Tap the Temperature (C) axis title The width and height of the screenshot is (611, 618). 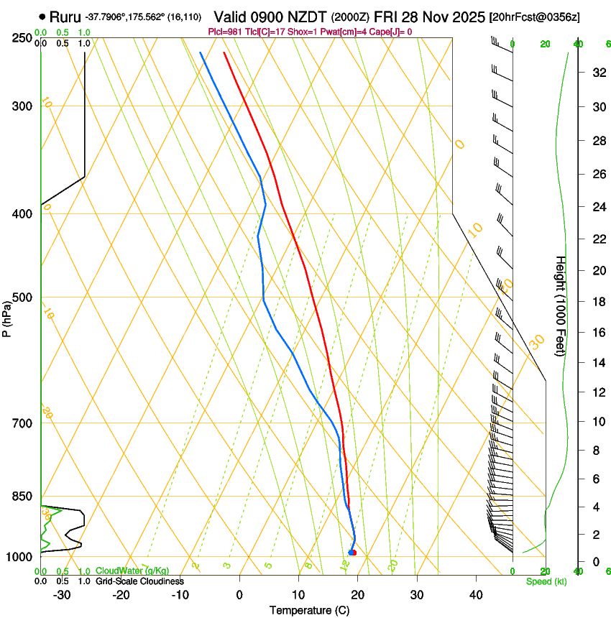(x=309, y=611)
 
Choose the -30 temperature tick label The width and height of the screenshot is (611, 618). (x=62, y=594)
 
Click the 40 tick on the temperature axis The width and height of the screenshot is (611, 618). (x=475, y=594)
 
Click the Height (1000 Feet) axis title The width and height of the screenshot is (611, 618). (x=561, y=305)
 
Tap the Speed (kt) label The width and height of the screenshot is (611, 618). (x=546, y=581)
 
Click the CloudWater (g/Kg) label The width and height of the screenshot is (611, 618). (x=132, y=571)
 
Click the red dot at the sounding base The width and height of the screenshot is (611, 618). (x=354, y=553)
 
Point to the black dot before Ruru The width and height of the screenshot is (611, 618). (x=43, y=17)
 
